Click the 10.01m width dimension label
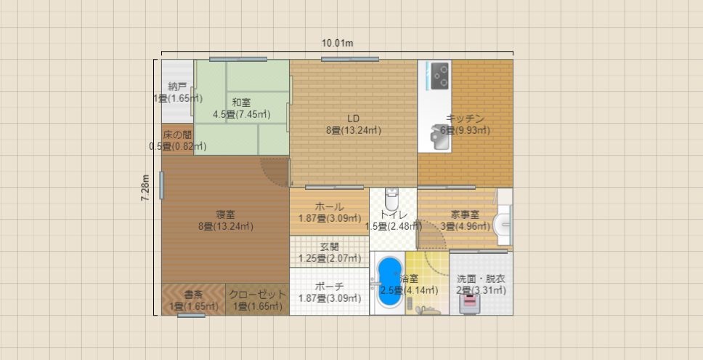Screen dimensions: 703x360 pos(337,43)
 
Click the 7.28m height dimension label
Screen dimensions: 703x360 pos(146,187)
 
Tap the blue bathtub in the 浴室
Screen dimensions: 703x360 pos(389,282)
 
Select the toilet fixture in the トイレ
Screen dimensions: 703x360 pos(392,200)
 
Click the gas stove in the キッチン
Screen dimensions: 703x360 pos(440,76)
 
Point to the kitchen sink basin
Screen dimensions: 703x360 pos(440,137)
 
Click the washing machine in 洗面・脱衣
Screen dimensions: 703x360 pos(469,303)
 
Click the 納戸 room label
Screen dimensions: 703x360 pos(177,87)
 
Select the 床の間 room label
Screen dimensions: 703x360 pos(177,135)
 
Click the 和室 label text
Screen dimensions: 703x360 pos(241,103)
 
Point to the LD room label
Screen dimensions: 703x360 pos(353,119)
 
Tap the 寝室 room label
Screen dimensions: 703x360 pos(226,215)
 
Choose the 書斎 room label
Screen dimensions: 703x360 pos(194,295)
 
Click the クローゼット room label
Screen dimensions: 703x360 pos(257,295)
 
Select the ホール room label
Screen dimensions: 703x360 pos(329,207)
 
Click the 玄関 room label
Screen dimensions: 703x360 pos(330,247)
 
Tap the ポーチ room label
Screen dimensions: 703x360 pos(329,287)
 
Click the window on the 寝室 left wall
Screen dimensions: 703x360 pos(161,185)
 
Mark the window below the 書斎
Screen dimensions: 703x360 pos(192,316)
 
